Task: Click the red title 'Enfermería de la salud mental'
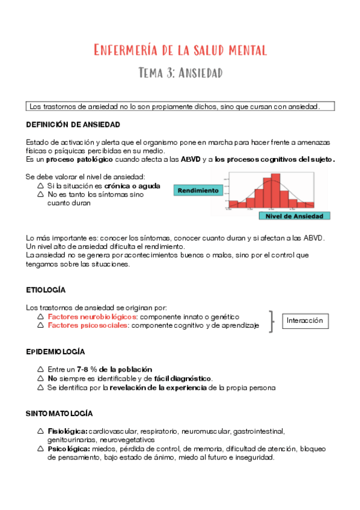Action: pyautogui.click(x=180, y=49)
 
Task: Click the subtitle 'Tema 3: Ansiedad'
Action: pyautogui.click(x=180, y=73)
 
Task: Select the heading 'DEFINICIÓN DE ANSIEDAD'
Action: pyautogui.click(x=73, y=124)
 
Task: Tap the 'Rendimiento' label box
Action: pyautogui.click(x=197, y=190)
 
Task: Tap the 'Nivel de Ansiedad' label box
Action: pyautogui.click(x=294, y=215)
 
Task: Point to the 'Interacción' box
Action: pyautogui.click(x=305, y=321)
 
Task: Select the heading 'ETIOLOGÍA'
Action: pyautogui.click(x=46, y=289)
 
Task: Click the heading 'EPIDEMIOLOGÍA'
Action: pyautogui.click(x=55, y=351)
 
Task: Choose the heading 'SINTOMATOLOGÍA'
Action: pyautogui.click(x=59, y=414)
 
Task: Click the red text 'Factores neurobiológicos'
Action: pyautogui.click(x=93, y=316)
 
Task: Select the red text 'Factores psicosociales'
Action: pyautogui.click(x=88, y=325)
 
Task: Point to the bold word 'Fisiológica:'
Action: pyautogui.click(x=67, y=431)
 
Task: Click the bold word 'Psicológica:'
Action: pyautogui.click(x=68, y=449)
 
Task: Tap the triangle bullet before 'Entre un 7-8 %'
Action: pyautogui.click(x=40, y=369)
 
